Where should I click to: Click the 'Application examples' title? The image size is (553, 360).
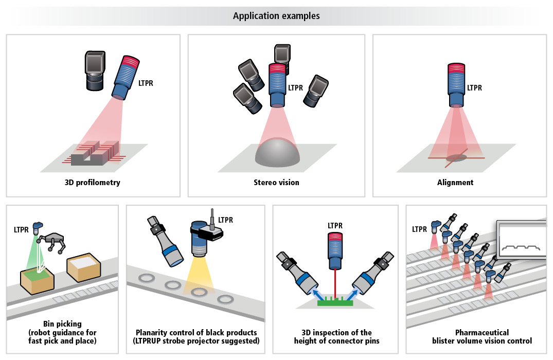click(276, 16)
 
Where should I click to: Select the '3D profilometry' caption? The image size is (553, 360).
click(93, 182)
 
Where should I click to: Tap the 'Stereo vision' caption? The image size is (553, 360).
click(276, 182)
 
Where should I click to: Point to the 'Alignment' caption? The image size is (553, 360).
click(455, 182)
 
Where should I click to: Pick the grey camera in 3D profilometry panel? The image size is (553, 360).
click(95, 70)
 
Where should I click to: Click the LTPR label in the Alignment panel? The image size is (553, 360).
click(474, 88)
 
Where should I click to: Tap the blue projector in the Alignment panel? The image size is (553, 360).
click(456, 85)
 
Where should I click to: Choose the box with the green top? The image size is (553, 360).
click(37, 280)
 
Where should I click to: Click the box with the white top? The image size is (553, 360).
click(84, 267)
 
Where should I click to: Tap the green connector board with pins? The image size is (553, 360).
click(335, 301)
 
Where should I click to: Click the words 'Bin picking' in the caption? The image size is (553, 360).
click(62, 323)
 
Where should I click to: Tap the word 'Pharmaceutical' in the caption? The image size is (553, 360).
click(482, 333)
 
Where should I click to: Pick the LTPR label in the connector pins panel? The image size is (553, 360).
click(335, 226)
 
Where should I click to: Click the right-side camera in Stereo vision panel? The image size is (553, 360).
click(316, 91)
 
